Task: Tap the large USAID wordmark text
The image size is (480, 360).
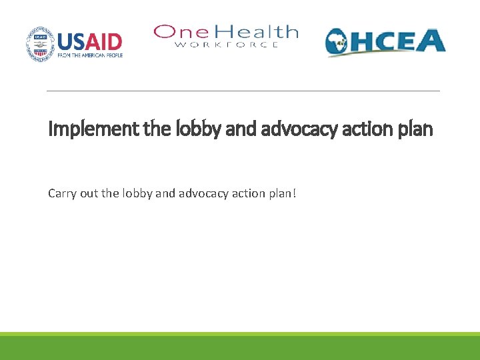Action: (90, 41)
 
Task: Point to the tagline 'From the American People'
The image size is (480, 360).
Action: (90, 56)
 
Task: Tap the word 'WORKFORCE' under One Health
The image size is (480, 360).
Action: (226, 45)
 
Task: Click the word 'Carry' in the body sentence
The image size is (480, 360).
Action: (62, 194)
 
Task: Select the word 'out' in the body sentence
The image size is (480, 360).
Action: (91, 194)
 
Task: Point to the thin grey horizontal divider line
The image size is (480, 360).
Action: (243, 91)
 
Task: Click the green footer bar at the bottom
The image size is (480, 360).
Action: (240, 347)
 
